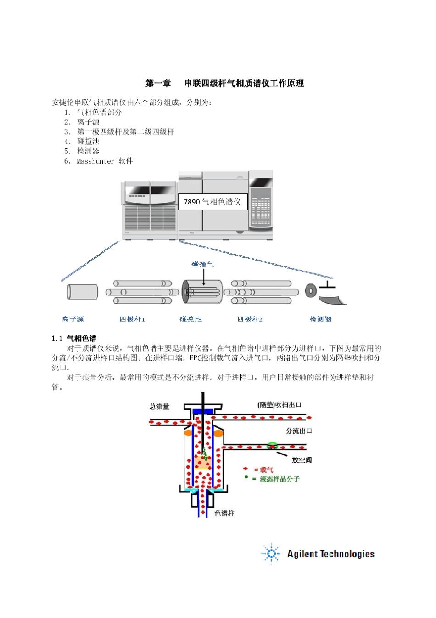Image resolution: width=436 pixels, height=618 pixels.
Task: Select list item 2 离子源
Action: coord(88,122)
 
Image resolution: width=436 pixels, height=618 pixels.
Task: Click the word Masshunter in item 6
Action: coord(95,161)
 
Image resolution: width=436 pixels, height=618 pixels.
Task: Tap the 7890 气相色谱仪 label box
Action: coord(212,202)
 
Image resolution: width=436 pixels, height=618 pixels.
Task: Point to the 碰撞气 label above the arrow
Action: coord(202,264)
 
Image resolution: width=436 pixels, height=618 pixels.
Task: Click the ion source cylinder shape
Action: coord(83,292)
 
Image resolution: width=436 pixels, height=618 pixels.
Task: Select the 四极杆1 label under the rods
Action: coord(132,319)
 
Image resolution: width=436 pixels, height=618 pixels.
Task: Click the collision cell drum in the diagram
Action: coord(202,292)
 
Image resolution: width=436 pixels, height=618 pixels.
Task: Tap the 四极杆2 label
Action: coord(250,319)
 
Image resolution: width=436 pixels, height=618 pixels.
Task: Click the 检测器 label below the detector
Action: coord(320,318)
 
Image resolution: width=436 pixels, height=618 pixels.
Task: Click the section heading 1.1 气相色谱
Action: coord(74,338)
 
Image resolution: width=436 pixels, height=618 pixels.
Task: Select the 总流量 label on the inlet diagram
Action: coord(159,406)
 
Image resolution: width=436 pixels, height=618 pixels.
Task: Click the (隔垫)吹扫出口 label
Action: coord(279,405)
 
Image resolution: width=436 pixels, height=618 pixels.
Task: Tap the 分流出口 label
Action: coord(299,431)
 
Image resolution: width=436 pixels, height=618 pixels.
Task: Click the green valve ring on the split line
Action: coord(273,445)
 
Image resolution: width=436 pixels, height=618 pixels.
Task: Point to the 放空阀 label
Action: coord(302,459)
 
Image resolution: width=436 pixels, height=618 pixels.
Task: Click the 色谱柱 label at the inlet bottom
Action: coord(224,513)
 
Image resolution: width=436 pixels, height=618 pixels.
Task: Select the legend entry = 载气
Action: coord(263,470)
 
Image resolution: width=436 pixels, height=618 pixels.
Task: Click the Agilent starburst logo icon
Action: coord(271,554)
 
